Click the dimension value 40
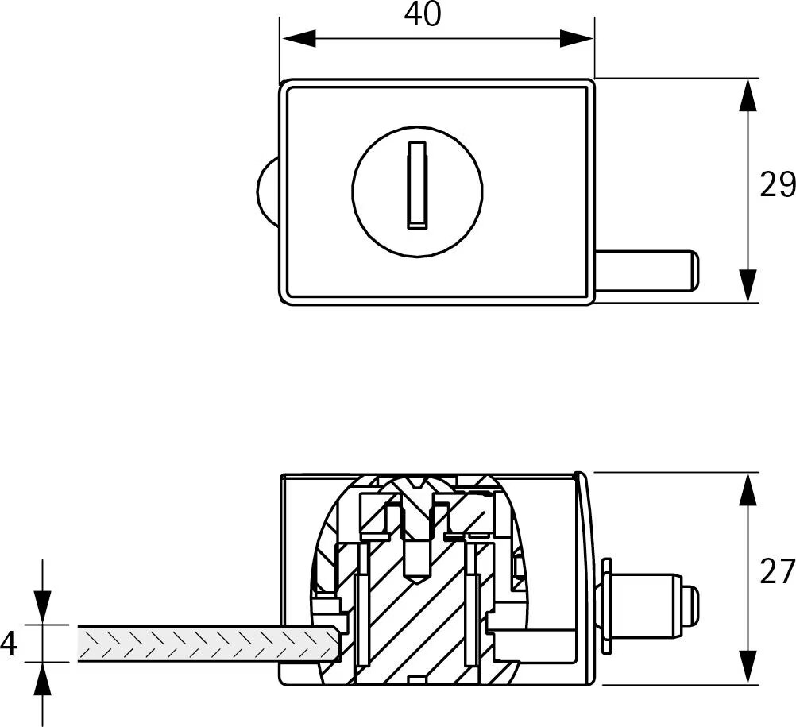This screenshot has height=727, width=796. pos(423,15)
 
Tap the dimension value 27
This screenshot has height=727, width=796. pos(777,571)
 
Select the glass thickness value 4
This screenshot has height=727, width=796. pos(10,644)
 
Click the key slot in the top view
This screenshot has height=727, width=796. pos(417,185)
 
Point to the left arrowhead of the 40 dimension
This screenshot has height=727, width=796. pos(299,38)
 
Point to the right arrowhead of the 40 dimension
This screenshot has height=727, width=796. pos(576,38)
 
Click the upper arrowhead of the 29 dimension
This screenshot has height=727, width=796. pos(748,95)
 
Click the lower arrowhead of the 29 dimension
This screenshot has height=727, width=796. pos(748,285)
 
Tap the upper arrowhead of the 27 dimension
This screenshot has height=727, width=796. pos(748,489)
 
